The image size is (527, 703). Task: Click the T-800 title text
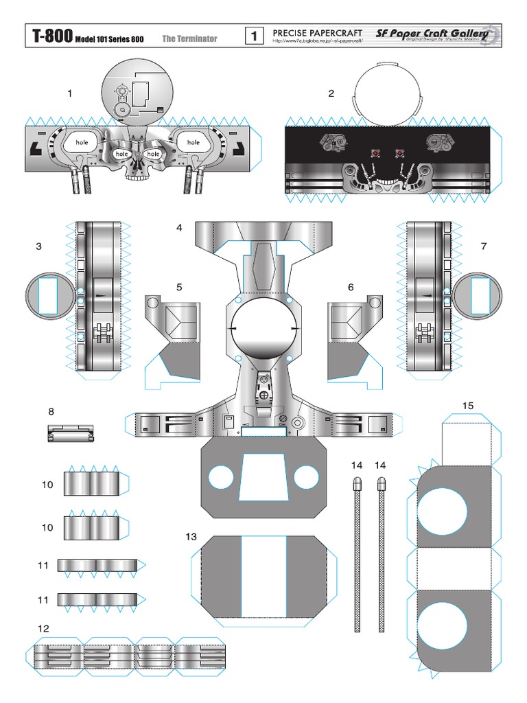click(x=49, y=37)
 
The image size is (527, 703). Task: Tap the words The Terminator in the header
click(x=189, y=38)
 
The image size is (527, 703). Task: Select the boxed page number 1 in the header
click(x=253, y=36)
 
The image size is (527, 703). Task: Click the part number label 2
click(x=331, y=93)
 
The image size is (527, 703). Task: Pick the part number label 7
click(x=484, y=246)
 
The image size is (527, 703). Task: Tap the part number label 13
click(x=191, y=535)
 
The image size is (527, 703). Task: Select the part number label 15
click(x=467, y=406)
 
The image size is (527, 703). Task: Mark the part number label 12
click(x=44, y=628)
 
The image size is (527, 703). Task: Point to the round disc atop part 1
click(x=134, y=93)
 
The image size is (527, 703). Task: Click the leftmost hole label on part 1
click(x=82, y=142)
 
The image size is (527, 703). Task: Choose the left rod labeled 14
click(x=357, y=553)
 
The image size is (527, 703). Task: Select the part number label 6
click(x=351, y=287)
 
